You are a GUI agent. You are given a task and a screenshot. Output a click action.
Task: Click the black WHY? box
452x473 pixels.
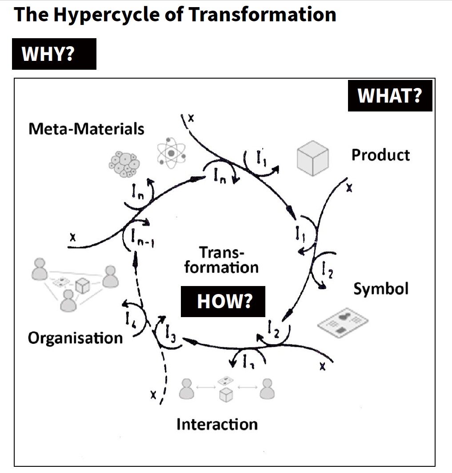(x=54, y=54)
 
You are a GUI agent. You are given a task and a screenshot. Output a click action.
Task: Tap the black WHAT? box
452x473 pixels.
(x=390, y=95)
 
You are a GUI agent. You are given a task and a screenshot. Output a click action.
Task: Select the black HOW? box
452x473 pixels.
(x=223, y=301)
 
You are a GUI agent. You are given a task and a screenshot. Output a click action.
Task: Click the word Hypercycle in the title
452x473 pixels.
(x=108, y=15)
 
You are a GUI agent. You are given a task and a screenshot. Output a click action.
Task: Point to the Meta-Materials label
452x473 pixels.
(x=86, y=129)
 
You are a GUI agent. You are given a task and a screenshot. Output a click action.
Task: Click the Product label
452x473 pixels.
(x=380, y=155)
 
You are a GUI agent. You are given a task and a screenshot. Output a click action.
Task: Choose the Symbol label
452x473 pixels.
(x=381, y=289)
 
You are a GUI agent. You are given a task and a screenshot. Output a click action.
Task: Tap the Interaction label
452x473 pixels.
(x=217, y=424)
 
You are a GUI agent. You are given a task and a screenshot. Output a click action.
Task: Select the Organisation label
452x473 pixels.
(x=75, y=338)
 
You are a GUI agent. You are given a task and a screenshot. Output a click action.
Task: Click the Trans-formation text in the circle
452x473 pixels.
(x=221, y=260)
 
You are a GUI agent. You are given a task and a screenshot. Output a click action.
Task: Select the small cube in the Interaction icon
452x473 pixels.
(x=226, y=394)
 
